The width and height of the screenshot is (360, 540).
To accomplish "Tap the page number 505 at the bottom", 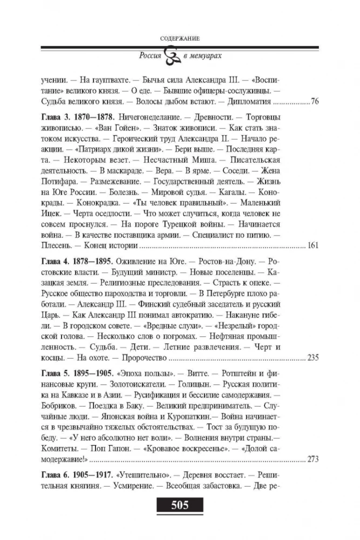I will point(180,506).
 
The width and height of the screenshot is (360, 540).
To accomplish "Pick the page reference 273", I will point(312,460).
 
